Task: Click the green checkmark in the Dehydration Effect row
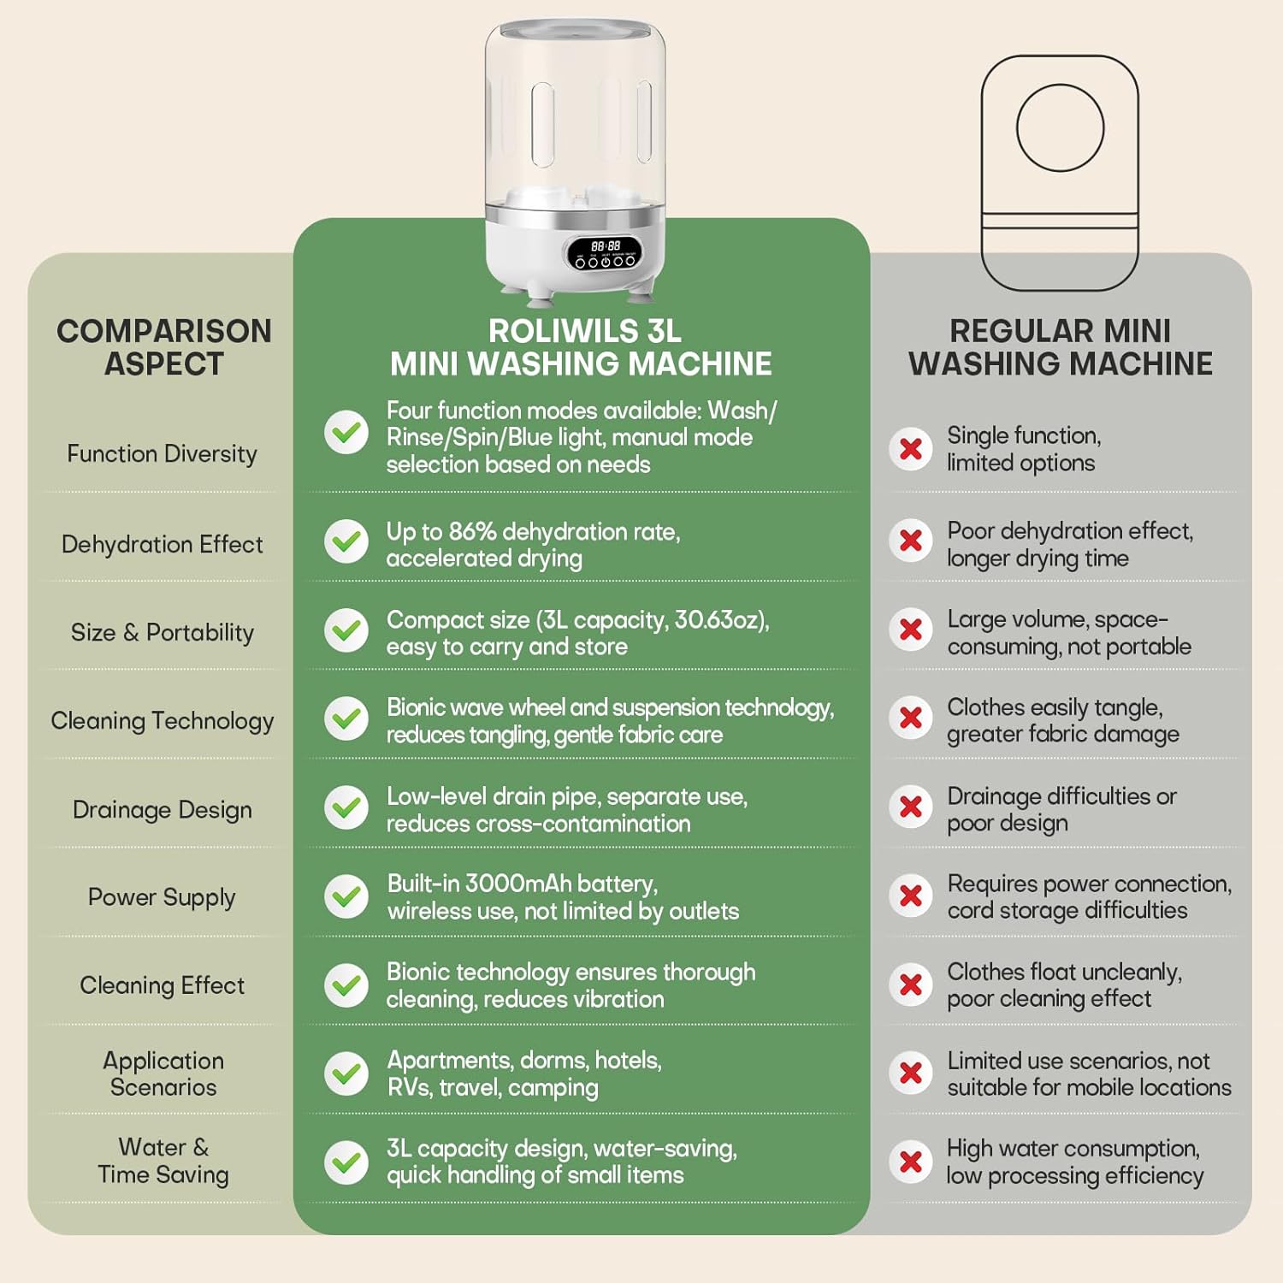[x=346, y=541]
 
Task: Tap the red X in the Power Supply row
[x=911, y=896]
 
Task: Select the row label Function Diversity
[x=162, y=453]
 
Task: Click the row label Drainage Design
[x=163, y=809]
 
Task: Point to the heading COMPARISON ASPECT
[x=164, y=347]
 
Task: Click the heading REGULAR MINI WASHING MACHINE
[x=1061, y=347]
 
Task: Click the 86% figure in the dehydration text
[x=472, y=531]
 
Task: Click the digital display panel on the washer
[x=606, y=251]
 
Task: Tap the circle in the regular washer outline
[x=1061, y=128]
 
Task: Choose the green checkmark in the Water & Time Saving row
[x=346, y=1162]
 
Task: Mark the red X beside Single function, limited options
[x=911, y=449]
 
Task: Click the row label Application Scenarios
[x=163, y=1073]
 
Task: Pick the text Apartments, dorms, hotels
[x=524, y=1060]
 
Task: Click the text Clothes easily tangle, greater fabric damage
[x=1063, y=720]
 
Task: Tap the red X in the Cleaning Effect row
[x=911, y=984]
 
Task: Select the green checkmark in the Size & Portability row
[x=346, y=630]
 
